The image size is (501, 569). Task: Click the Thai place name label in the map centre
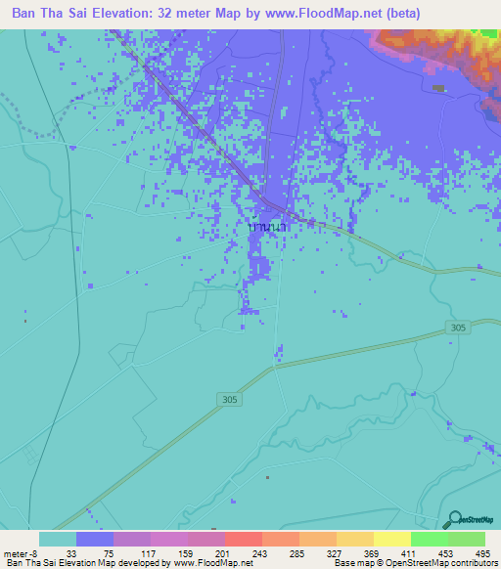(267, 227)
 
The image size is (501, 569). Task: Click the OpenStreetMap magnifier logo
(453, 520)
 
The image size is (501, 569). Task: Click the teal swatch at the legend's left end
(58, 539)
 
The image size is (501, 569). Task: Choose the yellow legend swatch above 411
(392, 539)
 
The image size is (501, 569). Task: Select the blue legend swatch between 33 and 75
(95, 539)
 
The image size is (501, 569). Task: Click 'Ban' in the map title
(24, 15)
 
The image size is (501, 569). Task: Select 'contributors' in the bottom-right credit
(471, 563)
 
